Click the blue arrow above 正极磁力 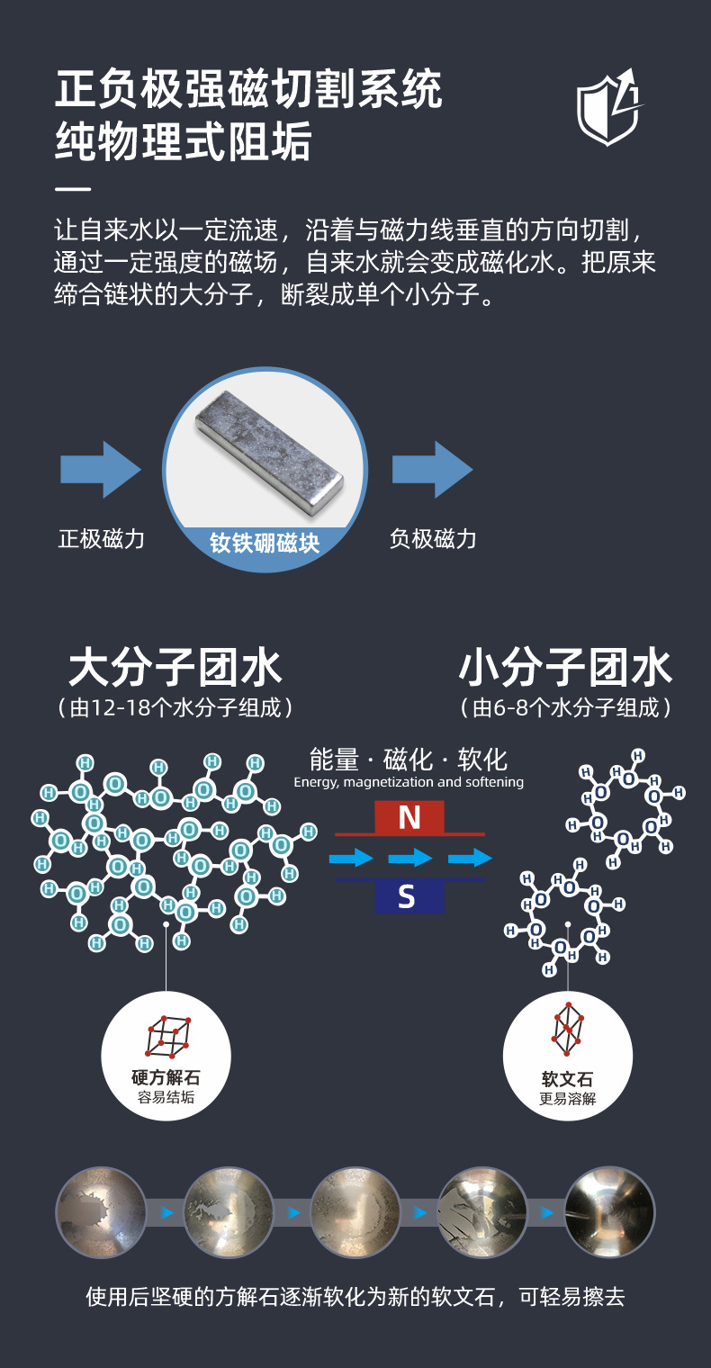click(x=100, y=469)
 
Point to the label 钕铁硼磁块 click(x=265, y=543)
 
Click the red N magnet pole click(x=409, y=817)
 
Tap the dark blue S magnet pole click(x=407, y=896)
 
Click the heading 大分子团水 click(x=175, y=668)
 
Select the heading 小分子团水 click(x=565, y=668)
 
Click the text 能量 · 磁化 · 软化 click(x=409, y=759)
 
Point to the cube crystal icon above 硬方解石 click(x=166, y=1036)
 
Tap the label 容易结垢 click(x=166, y=1098)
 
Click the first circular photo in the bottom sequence click(x=101, y=1212)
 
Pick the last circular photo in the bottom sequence click(x=609, y=1212)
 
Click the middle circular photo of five click(x=355, y=1212)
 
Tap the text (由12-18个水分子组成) click(x=175, y=708)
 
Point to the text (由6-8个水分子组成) click(x=565, y=708)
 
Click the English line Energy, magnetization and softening click(x=409, y=783)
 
